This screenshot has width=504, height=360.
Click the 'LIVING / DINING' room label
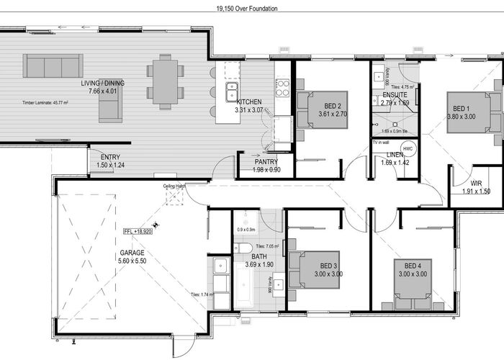[x=102, y=84]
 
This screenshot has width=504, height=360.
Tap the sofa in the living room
[x=53, y=66]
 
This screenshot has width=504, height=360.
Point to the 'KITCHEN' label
[x=249, y=102]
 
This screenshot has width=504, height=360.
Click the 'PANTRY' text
[x=266, y=162]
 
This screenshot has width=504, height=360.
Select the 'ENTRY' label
[x=110, y=157]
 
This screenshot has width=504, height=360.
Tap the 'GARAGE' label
[x=132, y=253]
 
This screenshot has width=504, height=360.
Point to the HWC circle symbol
[x=408, y=149]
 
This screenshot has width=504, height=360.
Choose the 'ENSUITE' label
[x=395, y=95]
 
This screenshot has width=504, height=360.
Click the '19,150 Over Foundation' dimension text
[x=247, y=9]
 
